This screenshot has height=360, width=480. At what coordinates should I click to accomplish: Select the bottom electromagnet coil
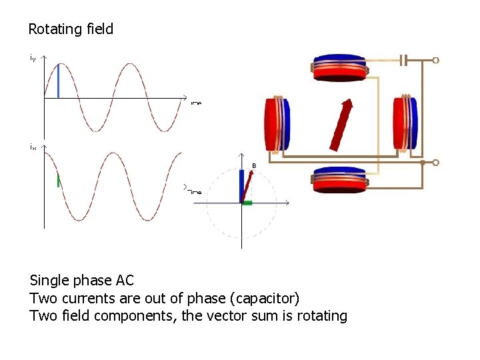pos(341,180)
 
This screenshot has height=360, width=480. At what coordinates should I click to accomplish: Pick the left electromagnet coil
pos(278,123)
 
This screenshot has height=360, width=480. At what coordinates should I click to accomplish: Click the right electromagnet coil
pos(405,123)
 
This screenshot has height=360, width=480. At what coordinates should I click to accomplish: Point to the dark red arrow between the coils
pos(341,125)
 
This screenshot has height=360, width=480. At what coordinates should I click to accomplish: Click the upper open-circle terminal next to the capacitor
pos(436,61)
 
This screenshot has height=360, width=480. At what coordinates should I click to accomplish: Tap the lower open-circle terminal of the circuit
pos(436,162)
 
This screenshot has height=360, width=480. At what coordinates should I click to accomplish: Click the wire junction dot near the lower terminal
pos(422,162)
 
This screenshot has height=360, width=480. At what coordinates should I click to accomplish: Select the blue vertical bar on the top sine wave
pos(58,81)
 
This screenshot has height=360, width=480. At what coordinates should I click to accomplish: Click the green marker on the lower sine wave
pos(59,180)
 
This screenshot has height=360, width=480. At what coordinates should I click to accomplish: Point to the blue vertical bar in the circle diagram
pos(241,185)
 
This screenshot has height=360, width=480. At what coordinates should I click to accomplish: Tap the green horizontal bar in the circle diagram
pos(247,202)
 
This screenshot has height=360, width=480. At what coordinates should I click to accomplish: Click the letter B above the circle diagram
pos(253,165)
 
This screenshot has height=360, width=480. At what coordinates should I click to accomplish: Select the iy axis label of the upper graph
pos(33,57)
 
